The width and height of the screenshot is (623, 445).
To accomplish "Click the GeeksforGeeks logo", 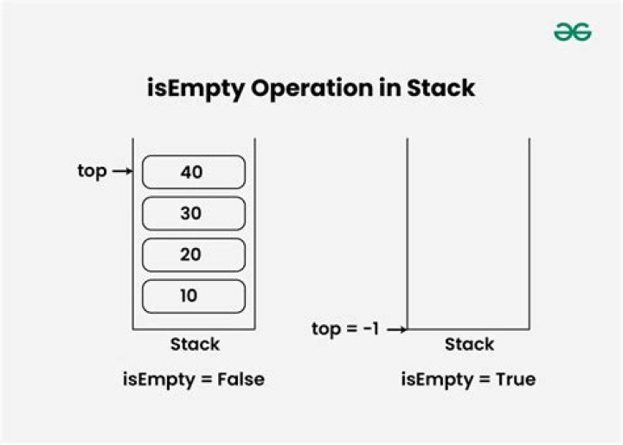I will (572, 32).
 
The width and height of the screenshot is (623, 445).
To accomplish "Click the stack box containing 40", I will (193, 172).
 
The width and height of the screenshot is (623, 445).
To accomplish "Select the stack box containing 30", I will (193, 213).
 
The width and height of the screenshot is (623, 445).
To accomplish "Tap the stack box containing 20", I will (193, 255).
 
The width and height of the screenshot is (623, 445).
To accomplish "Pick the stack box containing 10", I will (193, 296).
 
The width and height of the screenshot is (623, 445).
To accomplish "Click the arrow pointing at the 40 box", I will (122, 172).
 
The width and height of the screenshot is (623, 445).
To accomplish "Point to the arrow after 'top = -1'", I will (397, 329).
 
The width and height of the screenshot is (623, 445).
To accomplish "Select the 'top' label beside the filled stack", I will (92, 171).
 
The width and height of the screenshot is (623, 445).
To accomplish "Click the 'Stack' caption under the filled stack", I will (195, 344).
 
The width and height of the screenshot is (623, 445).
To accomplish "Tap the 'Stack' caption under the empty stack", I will (469, 344).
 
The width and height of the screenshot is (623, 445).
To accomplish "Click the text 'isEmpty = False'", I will (193, 378).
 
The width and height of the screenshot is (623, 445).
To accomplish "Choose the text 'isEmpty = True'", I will (468, 378).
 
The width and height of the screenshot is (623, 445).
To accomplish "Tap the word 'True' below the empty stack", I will (516, 378).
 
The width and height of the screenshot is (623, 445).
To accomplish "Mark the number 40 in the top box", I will (191, 172).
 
